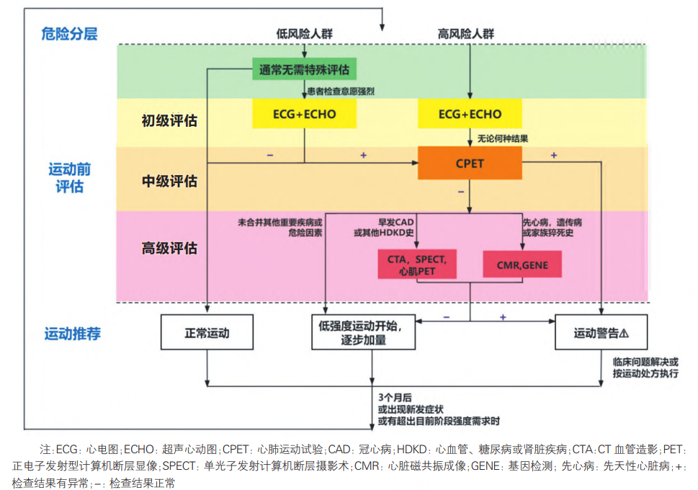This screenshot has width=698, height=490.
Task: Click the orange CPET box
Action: pos(470,163)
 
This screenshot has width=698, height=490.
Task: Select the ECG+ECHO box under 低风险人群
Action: pos(304,114)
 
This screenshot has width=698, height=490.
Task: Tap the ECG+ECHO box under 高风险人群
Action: pos(470,114)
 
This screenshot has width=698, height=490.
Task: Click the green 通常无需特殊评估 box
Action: pos(304,70)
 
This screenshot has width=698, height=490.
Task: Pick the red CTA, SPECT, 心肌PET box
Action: pos(417,265)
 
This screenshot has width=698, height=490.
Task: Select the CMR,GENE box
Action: pos(522,265)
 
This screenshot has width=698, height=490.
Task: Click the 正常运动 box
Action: pos(207,334)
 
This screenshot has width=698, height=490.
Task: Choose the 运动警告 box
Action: pos(601,334)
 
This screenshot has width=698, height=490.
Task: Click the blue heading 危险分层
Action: pos(69,33)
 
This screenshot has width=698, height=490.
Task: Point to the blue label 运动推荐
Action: pos(73,334)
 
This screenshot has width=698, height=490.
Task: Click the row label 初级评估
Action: pos(169,120)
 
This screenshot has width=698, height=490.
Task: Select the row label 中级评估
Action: pos(169,182)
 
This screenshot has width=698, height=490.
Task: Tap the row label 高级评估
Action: pos(169,249)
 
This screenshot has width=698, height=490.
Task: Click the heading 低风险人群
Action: pos(304,34)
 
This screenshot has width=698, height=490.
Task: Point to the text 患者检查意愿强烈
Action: pos(341,92)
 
